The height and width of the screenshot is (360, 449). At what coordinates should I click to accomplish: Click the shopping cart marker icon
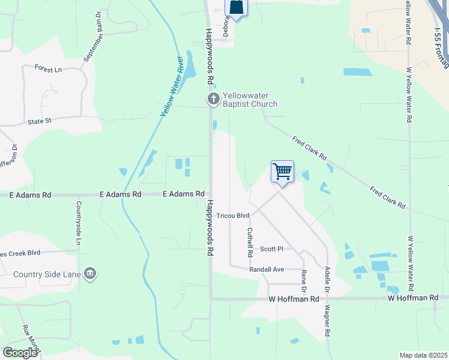(x=282, y=172)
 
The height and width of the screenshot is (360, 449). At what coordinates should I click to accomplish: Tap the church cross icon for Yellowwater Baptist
(x=213, y=99)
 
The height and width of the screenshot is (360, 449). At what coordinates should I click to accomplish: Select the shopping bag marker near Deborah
(x=236, y=7)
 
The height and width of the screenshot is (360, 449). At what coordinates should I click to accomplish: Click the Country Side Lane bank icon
(x=90, y=275)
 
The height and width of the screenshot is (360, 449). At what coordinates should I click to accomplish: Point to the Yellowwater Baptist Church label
(x=250, y=100)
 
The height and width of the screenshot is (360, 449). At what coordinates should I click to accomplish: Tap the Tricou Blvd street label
(x=233, y=215)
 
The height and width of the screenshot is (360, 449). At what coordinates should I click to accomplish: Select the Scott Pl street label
(x=271, y=248)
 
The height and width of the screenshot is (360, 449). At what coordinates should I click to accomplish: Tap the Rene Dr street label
(x=304, y=281)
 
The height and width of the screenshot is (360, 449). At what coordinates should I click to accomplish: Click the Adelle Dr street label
(x=327, y=279)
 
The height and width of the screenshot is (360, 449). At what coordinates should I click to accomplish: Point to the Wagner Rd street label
(x=327, y=323)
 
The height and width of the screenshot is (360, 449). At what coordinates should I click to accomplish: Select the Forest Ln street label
(x=48, y=70)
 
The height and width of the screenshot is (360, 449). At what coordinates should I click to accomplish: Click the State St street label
(x=40, y=121)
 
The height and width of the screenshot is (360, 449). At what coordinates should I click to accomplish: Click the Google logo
(x=20, y=353)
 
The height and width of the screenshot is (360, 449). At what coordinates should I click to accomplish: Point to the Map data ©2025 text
(x=423, y=355)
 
